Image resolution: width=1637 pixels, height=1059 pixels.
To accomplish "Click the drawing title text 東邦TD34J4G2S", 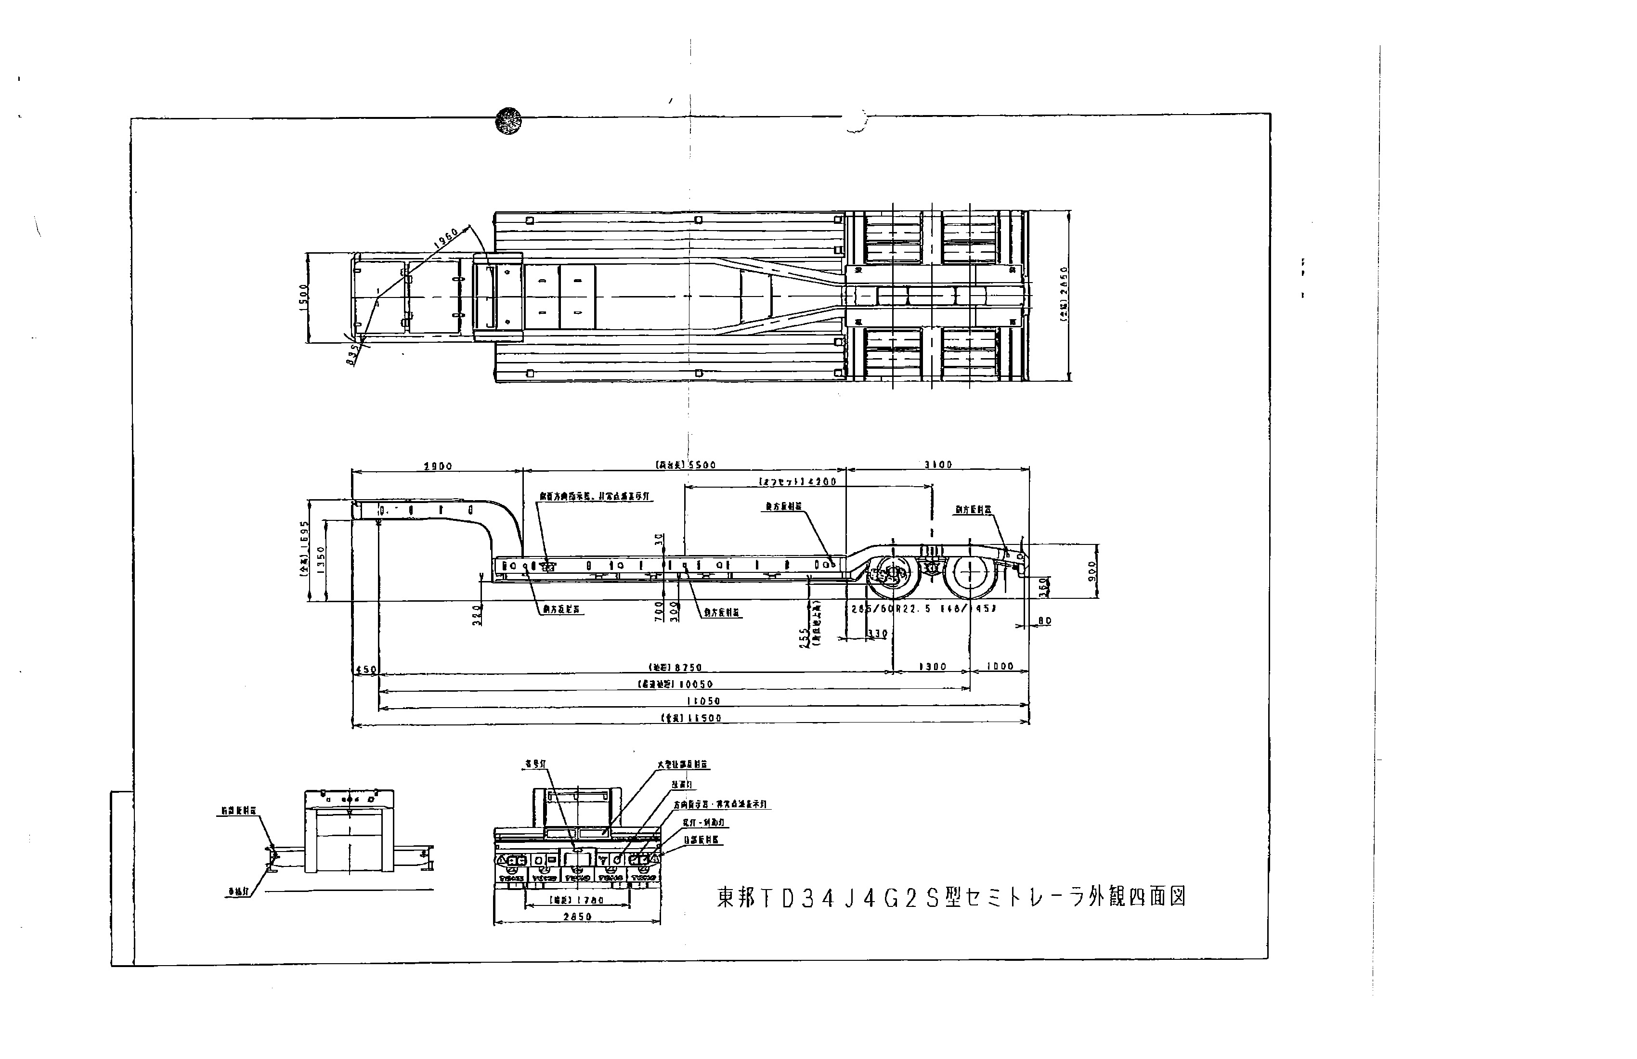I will [951, 897].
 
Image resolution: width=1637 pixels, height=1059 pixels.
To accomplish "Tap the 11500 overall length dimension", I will [691, 718].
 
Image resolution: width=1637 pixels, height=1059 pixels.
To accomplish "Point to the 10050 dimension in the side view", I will [677, 684].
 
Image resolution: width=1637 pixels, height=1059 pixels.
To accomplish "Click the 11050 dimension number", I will [703, 701].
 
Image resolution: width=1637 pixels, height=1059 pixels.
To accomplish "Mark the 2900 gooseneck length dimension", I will [438, 466].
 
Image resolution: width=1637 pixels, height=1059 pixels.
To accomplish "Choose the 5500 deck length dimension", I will [686, 465].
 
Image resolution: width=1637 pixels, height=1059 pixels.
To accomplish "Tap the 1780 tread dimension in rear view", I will [577, 900].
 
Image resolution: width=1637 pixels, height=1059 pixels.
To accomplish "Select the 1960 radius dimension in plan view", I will [447, 239].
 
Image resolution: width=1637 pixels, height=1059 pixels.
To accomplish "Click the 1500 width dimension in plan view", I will [303, 297].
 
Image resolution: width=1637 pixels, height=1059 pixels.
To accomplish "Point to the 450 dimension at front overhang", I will [365, 669].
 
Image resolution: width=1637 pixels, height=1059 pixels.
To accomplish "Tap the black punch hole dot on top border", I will [508, 121].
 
